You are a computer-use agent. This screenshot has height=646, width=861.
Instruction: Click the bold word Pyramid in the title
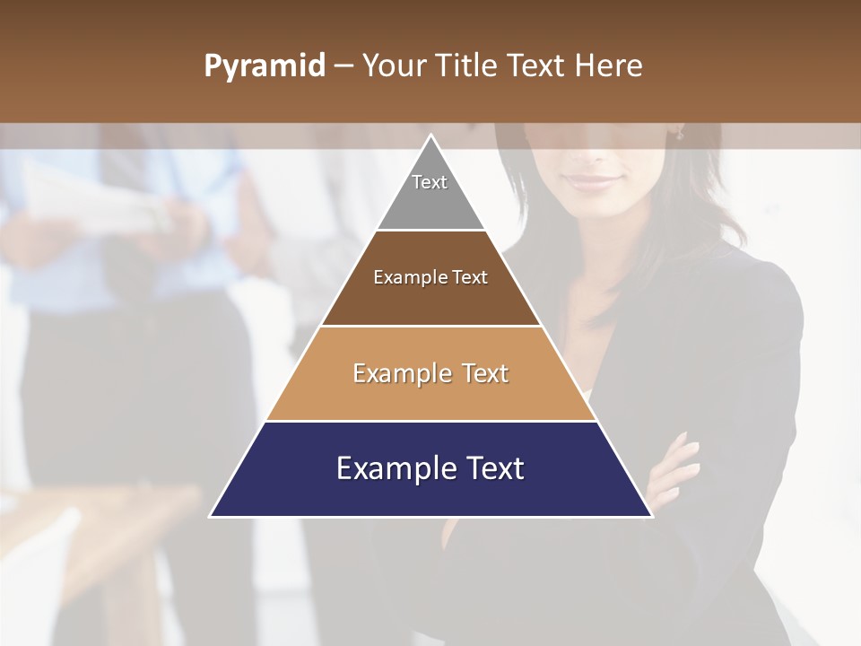coord(265,66)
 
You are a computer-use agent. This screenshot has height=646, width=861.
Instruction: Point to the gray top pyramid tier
coord(430,202)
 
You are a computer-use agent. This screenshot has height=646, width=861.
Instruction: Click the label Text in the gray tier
coord(430,182)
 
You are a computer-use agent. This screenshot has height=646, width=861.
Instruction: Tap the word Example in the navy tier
coord(388,469)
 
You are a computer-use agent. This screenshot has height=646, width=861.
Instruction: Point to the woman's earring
coord(680,134)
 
